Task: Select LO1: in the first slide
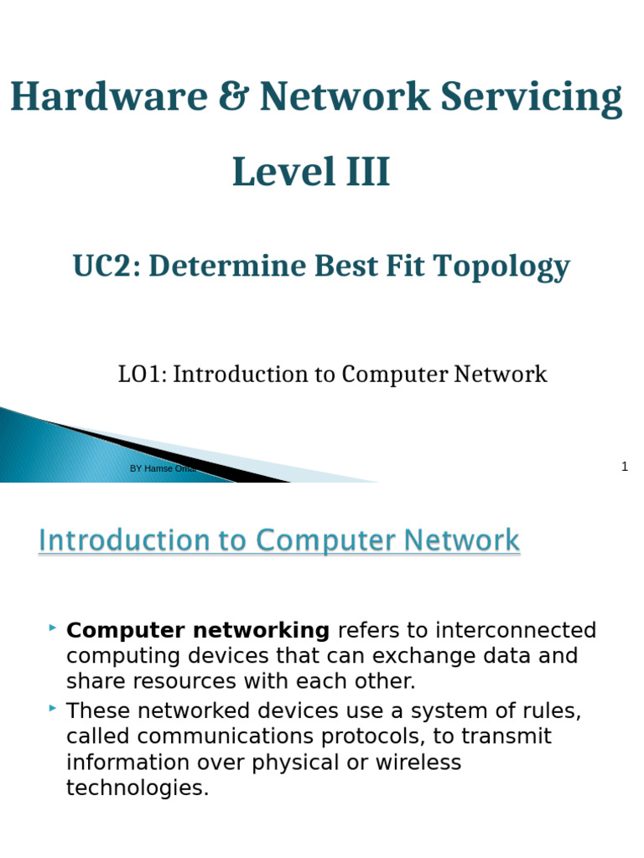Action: coord(143,375)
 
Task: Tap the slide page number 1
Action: coord(624,467)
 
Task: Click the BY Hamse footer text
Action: coord(151,468)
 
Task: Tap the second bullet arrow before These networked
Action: coord(53,708)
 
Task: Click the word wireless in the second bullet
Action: coord(411,762)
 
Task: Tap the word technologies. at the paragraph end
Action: coord(138,788)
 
